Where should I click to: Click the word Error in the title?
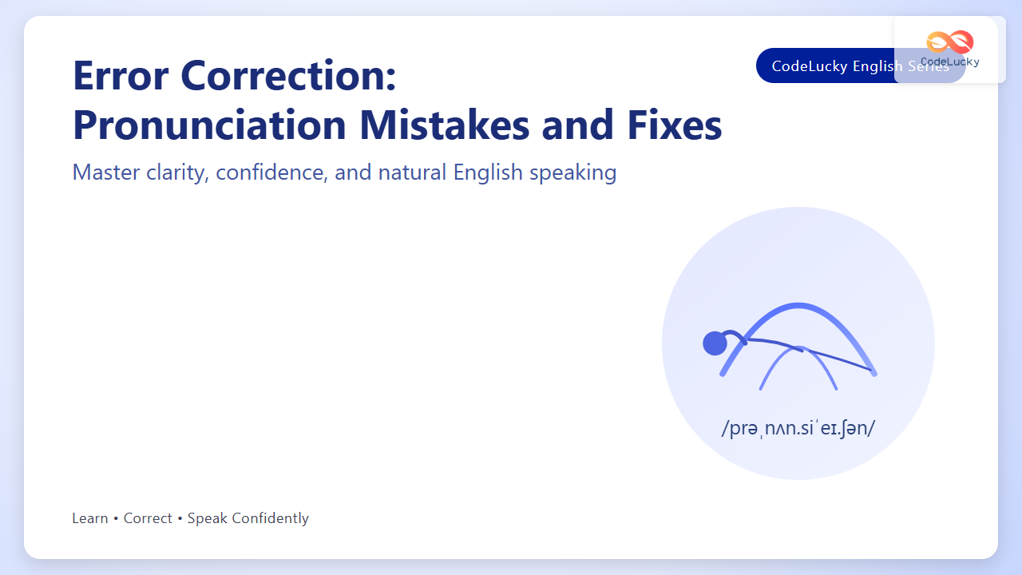click(x=121, y=75)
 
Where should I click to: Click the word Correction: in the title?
click(x=288, y=75)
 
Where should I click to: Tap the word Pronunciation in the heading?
click(x=209, y=125)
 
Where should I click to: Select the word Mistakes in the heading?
click(x=445, y=125)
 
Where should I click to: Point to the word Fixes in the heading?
click(x=675, y=125)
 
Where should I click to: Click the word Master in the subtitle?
click(x=106, y=172)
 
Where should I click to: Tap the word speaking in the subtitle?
click(x=572, y=173)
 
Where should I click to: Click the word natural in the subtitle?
click(x=412, y=172)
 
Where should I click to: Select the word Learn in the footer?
click(x=90, y=518)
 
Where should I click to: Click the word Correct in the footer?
click(x=148, y=518)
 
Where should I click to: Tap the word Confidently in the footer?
click(x=270, y=519)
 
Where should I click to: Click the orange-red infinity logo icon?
click(x=950, y=42)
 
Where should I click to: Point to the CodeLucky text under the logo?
click(x=950, y=61)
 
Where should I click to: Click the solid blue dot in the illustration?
click(x=715, y=343)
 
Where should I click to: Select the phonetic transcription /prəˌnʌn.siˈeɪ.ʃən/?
click(x=798, y=429)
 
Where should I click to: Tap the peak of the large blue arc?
click(x=798, y=305)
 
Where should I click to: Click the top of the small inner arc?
click(x=798, y=349)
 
